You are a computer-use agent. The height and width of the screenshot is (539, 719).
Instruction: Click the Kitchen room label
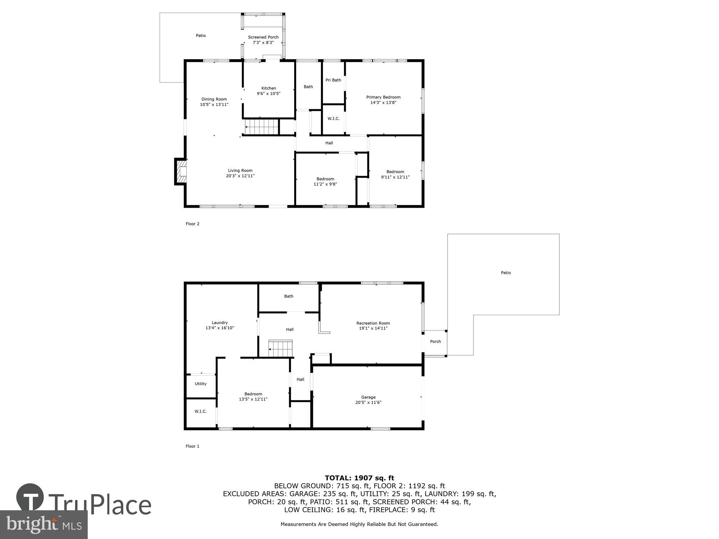(269, 88)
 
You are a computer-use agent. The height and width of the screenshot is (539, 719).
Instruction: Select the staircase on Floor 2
(262, 127)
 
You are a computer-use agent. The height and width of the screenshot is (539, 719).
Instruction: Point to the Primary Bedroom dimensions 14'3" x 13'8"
(383, 102)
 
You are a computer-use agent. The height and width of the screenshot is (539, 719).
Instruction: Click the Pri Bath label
(333, 80)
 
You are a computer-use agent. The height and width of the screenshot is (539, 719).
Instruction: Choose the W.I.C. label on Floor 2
(333, 119)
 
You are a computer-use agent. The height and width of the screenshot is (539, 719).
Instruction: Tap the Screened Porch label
(263, 37)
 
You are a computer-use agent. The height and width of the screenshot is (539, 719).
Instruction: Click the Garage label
(368, 397)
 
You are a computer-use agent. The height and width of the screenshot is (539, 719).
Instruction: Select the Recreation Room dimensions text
(373, 328)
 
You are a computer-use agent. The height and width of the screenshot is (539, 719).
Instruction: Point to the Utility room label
(201, 384)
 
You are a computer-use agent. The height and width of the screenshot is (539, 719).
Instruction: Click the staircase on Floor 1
(281, 349)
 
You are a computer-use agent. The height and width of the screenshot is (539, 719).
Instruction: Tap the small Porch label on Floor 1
(435, 341)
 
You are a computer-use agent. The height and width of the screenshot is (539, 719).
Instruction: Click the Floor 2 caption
(192, 224)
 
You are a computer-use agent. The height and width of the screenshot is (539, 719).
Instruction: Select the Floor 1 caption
(192, 446)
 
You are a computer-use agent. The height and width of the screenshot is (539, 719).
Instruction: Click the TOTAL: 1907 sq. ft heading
(359, 478)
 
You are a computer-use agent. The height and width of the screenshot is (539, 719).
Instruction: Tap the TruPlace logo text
(100, 505)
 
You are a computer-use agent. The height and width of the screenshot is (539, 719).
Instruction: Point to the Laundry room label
(220, 323)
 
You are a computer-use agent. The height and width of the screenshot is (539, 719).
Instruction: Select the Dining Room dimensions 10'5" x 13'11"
(214, 105)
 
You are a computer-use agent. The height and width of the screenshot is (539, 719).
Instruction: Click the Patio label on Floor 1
(506, 273)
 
